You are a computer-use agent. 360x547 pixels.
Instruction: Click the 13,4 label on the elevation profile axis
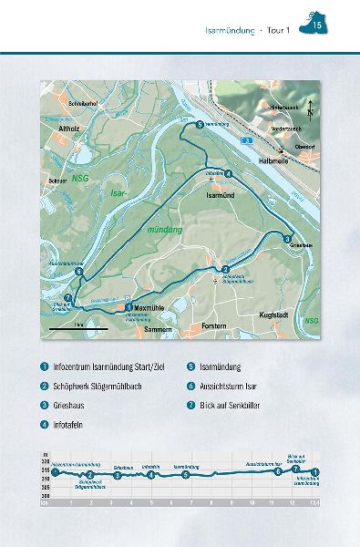314,501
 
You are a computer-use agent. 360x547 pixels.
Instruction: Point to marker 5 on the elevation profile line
186,475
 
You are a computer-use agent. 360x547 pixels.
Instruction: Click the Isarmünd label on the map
221,195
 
